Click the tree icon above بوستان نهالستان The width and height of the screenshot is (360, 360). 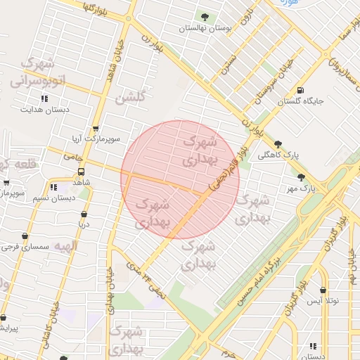tap(205, 17)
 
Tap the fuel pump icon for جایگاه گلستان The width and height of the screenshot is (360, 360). tap(301, 90)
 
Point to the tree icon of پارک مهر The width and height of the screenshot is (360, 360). tap(302, 177)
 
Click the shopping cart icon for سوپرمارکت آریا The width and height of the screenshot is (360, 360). tap(96, 129)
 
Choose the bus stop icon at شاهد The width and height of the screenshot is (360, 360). tap(82, 172)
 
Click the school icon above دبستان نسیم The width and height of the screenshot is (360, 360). tap(53, 187)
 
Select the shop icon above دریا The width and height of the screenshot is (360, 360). tap(84, 214)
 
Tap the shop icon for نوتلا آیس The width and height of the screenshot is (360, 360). tap(323, 290)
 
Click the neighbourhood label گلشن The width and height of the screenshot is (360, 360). tap(131, 98)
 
